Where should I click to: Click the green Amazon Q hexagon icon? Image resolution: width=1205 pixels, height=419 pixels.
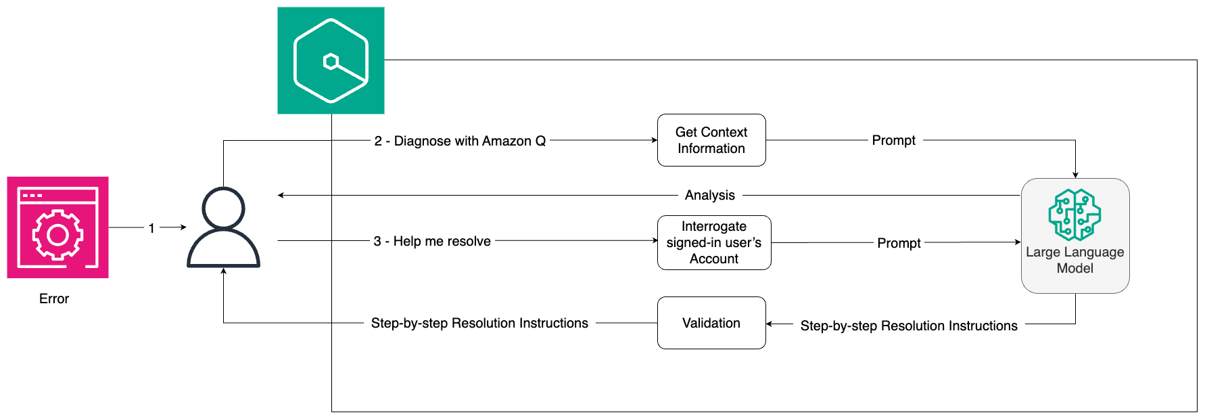click(x=331, y=61)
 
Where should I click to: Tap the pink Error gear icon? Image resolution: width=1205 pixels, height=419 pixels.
click(x=57, y=227)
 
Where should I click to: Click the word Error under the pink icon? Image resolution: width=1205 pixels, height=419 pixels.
click(x=54, y=299)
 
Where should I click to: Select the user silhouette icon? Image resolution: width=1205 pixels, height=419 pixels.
click(x=223, y=228)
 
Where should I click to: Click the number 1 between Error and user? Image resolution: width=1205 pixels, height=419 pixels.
click(x=151, y=228)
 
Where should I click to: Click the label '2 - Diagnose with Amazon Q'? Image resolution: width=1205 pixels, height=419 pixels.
click(x=460, y=141)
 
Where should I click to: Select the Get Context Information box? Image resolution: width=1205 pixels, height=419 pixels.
click(x=711, y=140)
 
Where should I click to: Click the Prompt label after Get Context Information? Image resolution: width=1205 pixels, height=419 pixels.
click(x=893, y=140)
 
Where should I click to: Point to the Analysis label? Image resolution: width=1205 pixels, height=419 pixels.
click(x=709, y=195)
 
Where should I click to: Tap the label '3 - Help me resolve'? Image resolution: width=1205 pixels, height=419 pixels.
click(x=432, y=241)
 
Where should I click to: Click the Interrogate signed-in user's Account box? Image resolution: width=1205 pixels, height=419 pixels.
click(x=714, y=242)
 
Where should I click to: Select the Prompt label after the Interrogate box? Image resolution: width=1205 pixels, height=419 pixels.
click(x=899, y=243)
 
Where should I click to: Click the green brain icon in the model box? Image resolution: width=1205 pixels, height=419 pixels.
click(x=1074, y=215)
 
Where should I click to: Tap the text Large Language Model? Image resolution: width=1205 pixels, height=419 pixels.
click(x=1074, y=260)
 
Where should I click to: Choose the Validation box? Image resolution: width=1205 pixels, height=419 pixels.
click(x=711, y=323)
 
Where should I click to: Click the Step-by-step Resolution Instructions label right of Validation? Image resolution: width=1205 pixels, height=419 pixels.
click(x=909, y=326)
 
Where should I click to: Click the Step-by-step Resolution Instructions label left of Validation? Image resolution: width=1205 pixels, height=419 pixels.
click(x=479, y=323)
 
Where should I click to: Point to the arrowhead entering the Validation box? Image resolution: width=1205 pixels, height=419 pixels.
click(x=770, y=324)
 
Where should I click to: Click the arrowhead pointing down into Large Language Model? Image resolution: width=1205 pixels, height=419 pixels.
click(x=1075, y=175)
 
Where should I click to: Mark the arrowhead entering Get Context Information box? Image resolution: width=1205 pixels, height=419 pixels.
click(x=654, y=140)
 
